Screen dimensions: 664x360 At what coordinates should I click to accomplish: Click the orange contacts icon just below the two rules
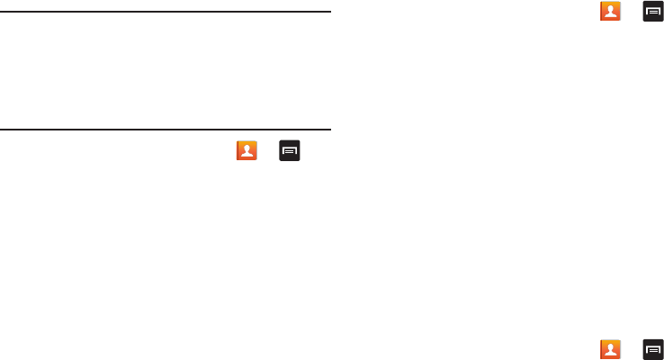(x=247, y=151)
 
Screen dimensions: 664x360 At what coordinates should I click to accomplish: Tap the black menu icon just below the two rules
(x=290, y=151)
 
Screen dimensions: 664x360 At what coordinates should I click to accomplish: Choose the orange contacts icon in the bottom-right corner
(x=611, y=349)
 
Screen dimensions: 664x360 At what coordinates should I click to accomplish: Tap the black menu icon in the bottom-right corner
(x=653, y=349)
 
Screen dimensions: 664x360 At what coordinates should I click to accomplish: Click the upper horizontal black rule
(x=166, y=13)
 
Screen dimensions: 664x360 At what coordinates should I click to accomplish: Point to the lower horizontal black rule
(x=166, y=130)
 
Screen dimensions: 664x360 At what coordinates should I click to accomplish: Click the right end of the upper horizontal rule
(x=329, y=13)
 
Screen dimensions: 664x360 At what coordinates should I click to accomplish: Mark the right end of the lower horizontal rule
(x=329, y=130)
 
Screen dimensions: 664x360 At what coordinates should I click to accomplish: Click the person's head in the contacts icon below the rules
(x=247, y=148)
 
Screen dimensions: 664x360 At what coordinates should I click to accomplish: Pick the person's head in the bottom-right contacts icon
(x=612, y=346)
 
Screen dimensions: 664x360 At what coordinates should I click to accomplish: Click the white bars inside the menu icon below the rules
(x=290, y=151)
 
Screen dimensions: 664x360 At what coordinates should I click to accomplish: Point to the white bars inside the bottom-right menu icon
(x=653, y=349)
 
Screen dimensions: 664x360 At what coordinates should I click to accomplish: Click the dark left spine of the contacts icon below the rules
(x=238, y=151)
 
